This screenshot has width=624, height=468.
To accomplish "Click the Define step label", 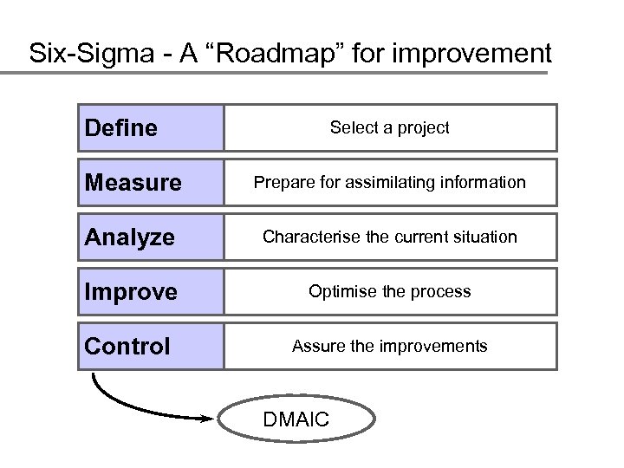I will point(121,128).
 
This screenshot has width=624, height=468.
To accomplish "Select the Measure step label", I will point(133,183).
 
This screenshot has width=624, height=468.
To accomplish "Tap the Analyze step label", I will point(129,237).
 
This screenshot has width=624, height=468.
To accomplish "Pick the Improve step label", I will point(131,292).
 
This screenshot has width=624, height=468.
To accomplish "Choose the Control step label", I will point(127,347).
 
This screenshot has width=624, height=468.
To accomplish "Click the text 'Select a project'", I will point(390,128).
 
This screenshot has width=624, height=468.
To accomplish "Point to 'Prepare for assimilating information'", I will point(390,183).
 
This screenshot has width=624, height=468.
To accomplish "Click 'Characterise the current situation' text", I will point(390,237).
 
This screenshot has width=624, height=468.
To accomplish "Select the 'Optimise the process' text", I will point(390,291).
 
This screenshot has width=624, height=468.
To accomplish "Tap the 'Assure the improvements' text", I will point(390,346).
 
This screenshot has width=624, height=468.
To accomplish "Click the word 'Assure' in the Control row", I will point(316,346).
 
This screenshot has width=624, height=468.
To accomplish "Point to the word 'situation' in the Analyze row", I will point(486,237).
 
